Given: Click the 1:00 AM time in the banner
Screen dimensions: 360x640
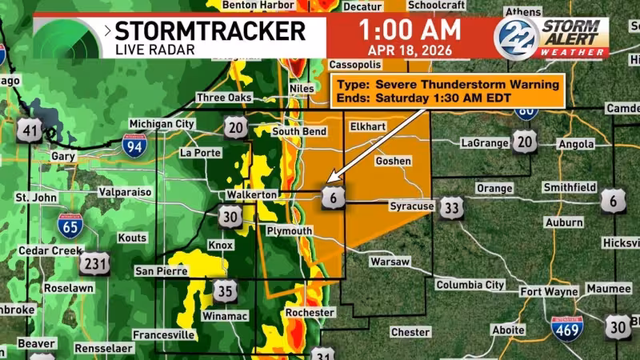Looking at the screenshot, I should point(410,30).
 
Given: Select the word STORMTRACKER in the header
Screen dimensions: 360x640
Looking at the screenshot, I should point(210,31).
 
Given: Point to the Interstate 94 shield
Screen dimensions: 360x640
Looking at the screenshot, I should point(134,145).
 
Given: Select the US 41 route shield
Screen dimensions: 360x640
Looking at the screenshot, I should point(30,130).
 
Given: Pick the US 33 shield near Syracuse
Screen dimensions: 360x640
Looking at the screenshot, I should point(452,209).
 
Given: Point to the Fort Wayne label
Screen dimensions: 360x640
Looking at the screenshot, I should point(548,291).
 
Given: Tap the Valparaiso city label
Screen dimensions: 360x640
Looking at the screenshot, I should point(126,192).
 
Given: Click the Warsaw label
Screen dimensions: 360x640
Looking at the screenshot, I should point(390,262).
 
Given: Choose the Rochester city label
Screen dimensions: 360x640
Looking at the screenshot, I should point(310,312).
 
